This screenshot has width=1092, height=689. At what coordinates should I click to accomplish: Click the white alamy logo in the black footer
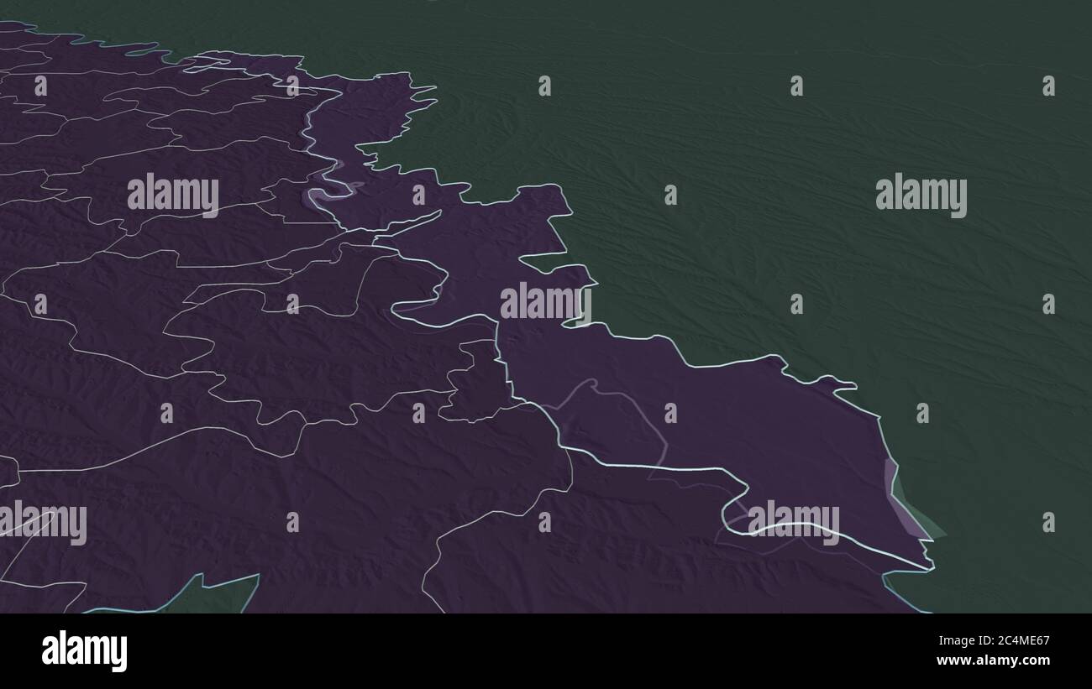point(84,651)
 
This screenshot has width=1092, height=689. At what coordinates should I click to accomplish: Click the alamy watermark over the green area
point(921,196)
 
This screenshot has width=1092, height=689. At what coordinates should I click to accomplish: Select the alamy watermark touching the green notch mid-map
point(545,302)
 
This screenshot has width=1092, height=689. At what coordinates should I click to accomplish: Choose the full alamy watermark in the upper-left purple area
point(173,195)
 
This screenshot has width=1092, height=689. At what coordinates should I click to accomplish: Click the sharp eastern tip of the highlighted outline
point(930,567)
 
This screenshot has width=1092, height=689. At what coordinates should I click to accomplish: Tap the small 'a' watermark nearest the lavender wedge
point(921,413)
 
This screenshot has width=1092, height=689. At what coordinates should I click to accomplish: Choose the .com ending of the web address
point(1034,660)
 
